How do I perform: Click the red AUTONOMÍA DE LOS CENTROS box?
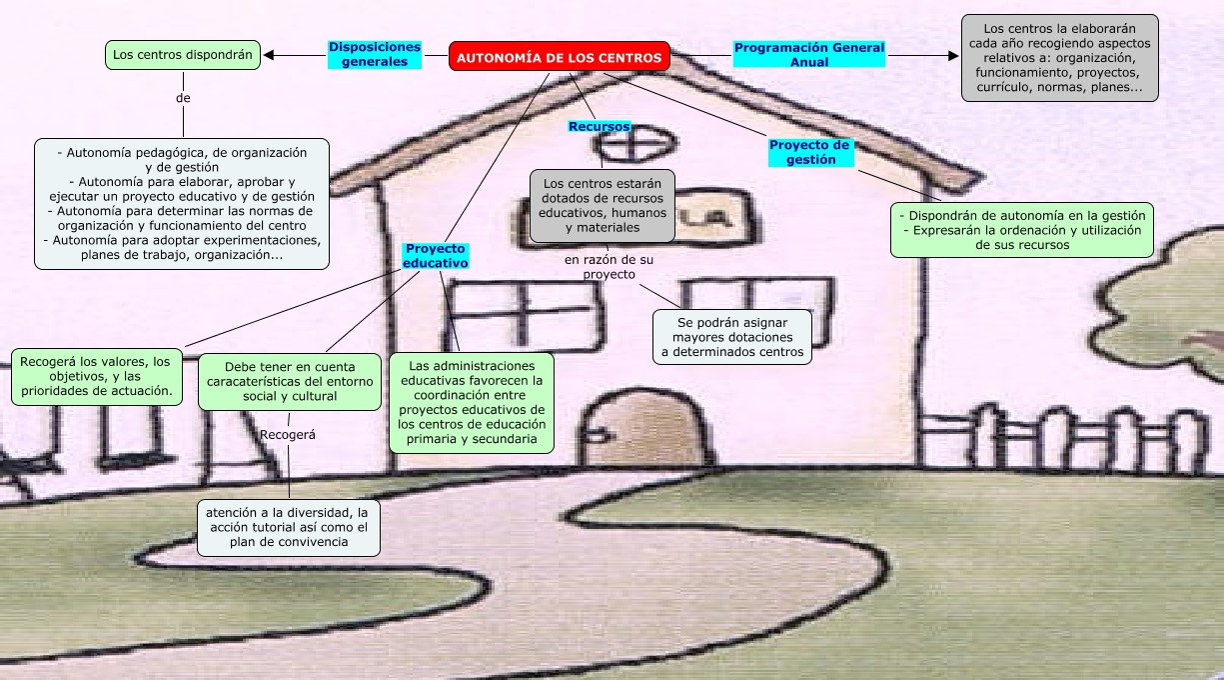(x=559, y=58)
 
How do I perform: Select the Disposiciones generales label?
(x=375, y=54)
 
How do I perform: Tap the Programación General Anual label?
(x=809, y=54)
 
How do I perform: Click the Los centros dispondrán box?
(x=183, y=54)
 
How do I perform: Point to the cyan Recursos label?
(x=600, y=127)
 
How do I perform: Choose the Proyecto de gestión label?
(x=810, y=152)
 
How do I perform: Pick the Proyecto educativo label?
(x=436, y=255)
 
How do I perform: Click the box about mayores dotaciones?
(x=732, y=337)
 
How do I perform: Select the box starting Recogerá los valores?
(x=98, y=376)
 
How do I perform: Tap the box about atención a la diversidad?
(x=288, y=527)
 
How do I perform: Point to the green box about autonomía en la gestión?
(x=1021, y=230)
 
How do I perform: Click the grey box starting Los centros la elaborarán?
(x=1059, y=58)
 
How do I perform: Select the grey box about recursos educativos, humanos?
(x=603, y=206)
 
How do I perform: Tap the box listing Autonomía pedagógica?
(x=182, y=204)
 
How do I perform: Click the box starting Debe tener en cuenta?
(x=289, y=381)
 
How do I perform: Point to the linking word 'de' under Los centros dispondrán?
(x=183, y=98)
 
